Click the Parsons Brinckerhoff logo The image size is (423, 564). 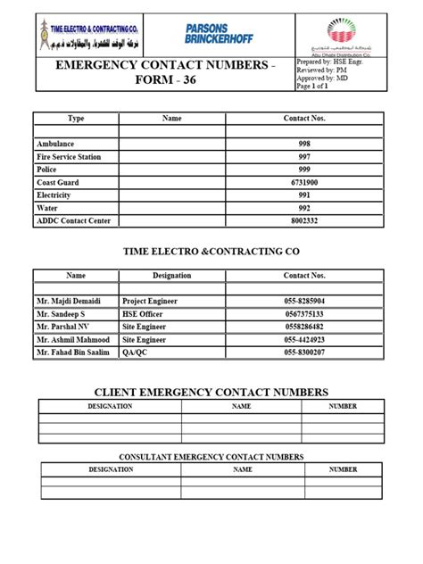tap(220, 34)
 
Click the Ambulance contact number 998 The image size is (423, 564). tap(304, 144)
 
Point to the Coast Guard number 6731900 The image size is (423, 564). tap(304, 181)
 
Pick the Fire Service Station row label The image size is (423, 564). tap(69, 156)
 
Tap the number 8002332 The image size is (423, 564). tap(304, 219)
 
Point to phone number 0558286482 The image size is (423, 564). tap(304, 327)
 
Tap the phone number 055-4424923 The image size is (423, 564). tap(304, 339)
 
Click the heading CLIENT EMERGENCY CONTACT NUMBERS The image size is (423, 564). tap(211, 393)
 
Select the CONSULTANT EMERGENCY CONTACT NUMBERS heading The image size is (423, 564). tap(211, 457)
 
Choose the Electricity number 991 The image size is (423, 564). tap(304, 194)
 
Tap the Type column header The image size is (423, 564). tap(76, 118)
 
